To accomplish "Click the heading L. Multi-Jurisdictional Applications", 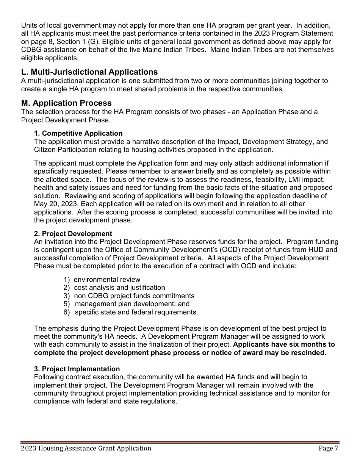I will coord(89,72).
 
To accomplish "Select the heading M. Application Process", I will coord(66,103).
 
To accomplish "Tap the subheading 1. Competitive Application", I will coord(78,133).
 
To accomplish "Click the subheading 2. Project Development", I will coord(73,234).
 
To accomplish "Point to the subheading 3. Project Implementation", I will coord(77,369).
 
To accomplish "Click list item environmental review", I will coord(107,280).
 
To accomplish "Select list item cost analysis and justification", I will coord(119,288).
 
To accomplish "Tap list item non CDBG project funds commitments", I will coord(134,296).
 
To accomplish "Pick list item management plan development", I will coord(132,304).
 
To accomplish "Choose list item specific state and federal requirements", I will coord(136,312).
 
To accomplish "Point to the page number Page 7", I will coord(328,449).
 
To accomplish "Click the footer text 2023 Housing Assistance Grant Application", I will coord(86,449).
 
